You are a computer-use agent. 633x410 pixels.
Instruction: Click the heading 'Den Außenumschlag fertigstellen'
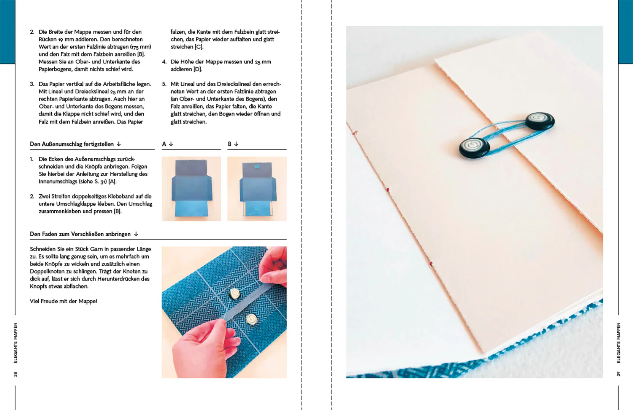click(x=71, y=144)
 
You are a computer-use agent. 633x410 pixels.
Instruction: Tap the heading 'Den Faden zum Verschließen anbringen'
click(x=80, y=234)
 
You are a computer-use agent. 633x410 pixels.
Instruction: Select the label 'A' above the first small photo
click(x=164, y=144)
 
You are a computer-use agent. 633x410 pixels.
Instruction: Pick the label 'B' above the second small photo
click(x=230, y=144)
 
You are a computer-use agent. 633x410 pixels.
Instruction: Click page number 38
click(x=16, y=374)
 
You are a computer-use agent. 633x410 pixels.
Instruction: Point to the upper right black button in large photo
click(x=539, y=121)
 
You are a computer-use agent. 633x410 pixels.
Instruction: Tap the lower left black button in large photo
click(x=474, y=147)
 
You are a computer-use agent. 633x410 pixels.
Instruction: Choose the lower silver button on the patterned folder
click(x=252, y=319)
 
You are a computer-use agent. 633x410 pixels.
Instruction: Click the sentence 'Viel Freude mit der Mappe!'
click(x=63, y=301)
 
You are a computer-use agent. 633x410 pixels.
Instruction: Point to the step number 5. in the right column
click(x=164, y=84)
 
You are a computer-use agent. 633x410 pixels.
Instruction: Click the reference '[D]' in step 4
click(x=197, y=69)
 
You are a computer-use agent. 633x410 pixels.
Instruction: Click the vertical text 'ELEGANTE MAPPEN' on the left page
click(x=16, y=342)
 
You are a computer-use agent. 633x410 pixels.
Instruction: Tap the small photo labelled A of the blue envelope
click(x=191, y=189)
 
